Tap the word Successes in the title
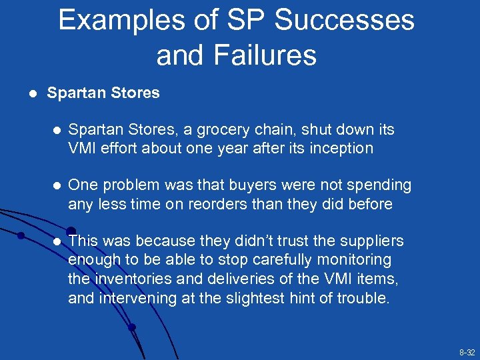345,21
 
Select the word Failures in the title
273,55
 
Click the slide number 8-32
467,351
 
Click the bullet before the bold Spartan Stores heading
25,93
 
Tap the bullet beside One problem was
57,185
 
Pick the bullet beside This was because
57,241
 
